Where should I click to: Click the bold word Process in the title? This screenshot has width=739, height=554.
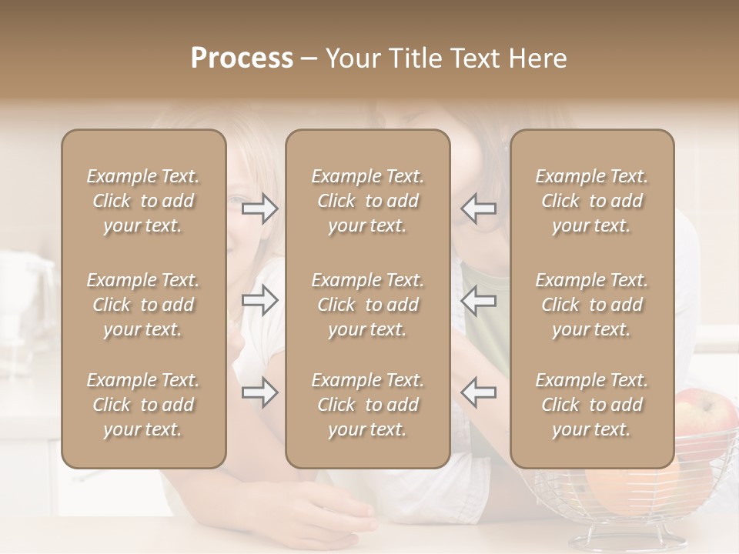click(x=242, y=58)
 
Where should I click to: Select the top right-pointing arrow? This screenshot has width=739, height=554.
click(x=260, y=209)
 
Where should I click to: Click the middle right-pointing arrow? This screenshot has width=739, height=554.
click(x=260, y=300)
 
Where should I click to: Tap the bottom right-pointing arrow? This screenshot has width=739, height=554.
click(x=260, y=392)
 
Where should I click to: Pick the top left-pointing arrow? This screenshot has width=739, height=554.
click(x=478, y=209)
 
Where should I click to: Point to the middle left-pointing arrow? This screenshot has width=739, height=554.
click(x=478, y=300)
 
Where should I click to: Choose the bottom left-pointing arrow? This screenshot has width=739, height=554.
click(x=478, y=392)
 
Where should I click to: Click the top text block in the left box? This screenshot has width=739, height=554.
click(x=143, y=201)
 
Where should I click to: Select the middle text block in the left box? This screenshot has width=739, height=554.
click(x=143, y=305)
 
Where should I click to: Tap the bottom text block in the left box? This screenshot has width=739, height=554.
click(x=143, y=405)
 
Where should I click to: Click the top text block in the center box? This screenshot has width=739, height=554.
click(x=367, y=201)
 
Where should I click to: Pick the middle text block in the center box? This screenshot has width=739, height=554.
click(x=367, y=305)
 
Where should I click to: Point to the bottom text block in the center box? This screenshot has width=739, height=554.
click(x=367, y=405)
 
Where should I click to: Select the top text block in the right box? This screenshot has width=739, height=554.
click(x=591, y=201)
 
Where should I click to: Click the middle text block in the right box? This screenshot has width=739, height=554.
click(x=591, y=305)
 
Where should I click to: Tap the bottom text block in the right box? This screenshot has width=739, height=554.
click(x=591, y=405)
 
